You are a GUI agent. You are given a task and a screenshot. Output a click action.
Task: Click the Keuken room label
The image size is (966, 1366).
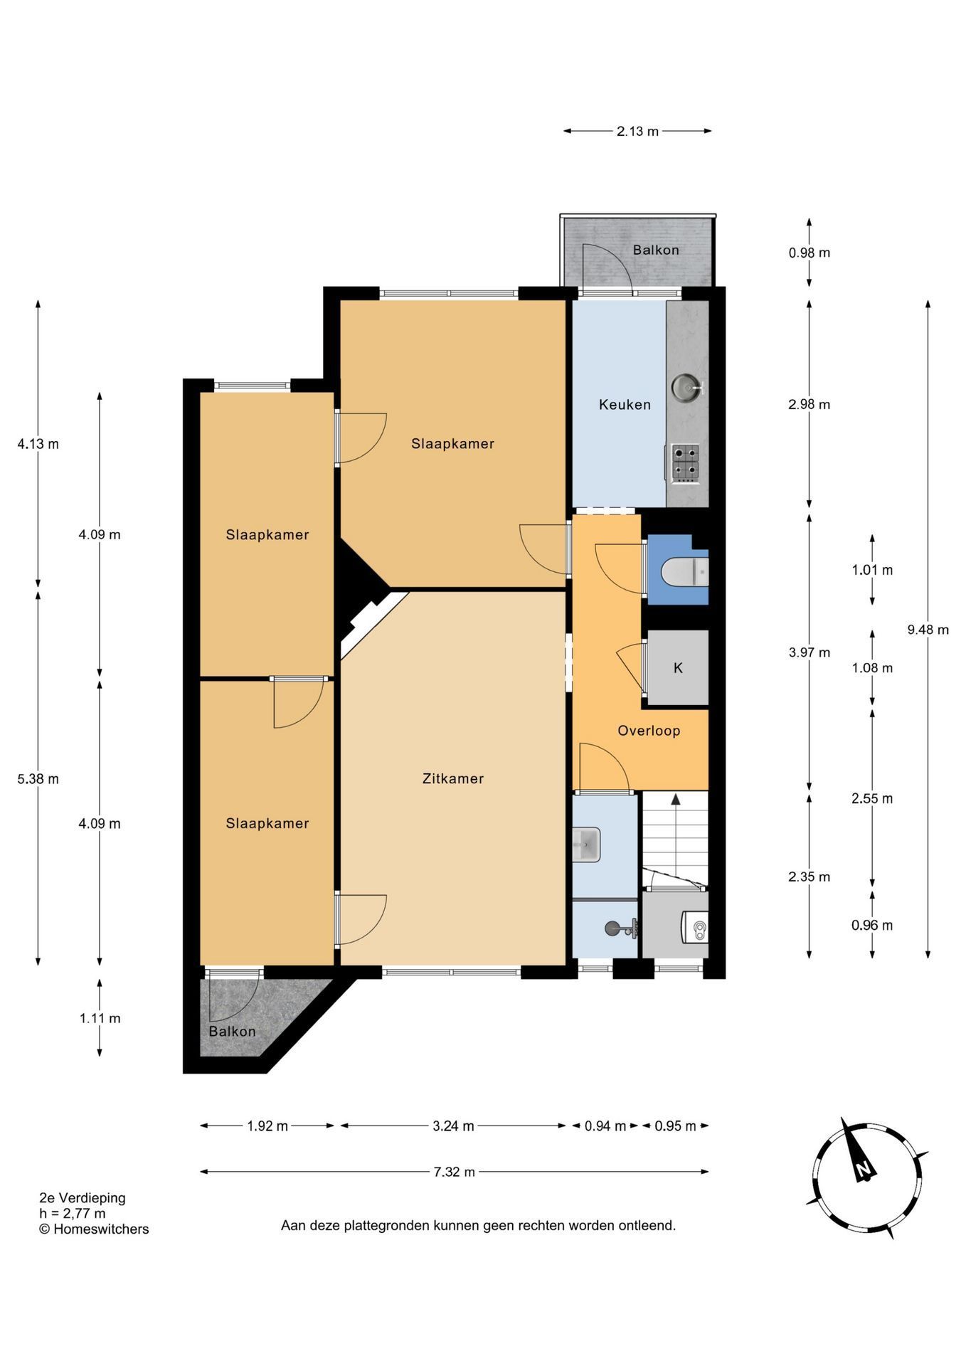[x=625, y=405]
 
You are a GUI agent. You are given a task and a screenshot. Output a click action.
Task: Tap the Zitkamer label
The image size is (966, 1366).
[x=453, y=778]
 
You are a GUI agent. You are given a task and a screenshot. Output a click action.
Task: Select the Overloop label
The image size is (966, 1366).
[x=649, y=731]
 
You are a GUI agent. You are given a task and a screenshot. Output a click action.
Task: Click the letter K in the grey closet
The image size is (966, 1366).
[x=678, y=668]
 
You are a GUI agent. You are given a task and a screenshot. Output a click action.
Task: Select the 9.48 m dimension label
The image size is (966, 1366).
[x=928, y=630]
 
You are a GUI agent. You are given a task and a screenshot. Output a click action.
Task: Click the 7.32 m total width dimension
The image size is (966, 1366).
[x=454, y=1172]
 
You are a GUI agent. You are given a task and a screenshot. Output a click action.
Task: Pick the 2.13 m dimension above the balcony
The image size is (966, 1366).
[x=637, y=131]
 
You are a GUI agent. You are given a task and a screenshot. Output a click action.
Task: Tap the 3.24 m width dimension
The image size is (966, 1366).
[x=453, y=1126]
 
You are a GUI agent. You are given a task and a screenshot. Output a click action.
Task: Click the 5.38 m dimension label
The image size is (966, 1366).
[x=38, y=779]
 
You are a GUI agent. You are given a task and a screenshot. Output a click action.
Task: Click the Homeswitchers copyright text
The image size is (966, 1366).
[x=94, y=1229]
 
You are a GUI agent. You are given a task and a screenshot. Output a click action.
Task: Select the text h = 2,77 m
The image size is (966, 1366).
[x=73, y=1213]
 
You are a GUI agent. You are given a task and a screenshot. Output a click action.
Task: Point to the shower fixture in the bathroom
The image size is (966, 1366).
[x=621, y=928]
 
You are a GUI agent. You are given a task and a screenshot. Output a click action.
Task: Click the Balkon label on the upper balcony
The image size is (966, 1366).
[x=656, y=250]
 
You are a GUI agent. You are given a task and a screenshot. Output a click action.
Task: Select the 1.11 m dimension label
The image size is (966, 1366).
[x=100, y=1018]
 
